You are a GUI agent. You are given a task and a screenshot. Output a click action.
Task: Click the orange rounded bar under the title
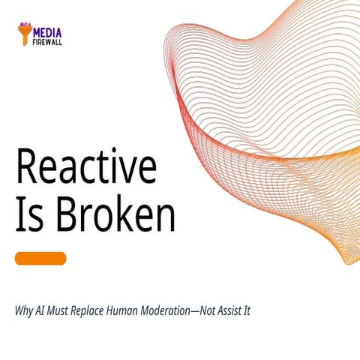[x=40, y=258]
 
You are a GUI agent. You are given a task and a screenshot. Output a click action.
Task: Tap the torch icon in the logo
[x=25, y=34]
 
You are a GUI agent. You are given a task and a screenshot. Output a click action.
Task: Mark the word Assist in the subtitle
[x=223, y=310]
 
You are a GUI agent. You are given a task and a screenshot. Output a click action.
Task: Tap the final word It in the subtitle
[x=245, y=310]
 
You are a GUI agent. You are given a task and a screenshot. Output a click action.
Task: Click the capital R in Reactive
[x=26, y=169]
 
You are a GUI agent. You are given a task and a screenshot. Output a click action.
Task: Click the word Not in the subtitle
[x=193, y=310]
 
